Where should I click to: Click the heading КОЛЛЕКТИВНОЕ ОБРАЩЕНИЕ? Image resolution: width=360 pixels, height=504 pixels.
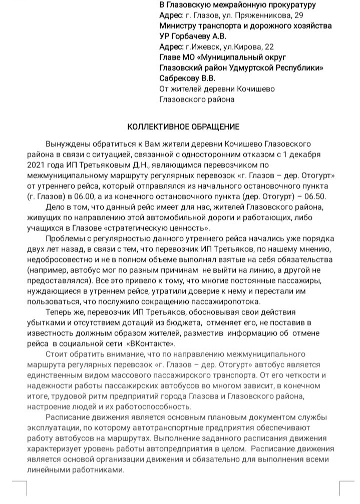coord(183,126)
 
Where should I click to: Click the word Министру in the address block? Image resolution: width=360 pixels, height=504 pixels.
coord(177,26)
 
